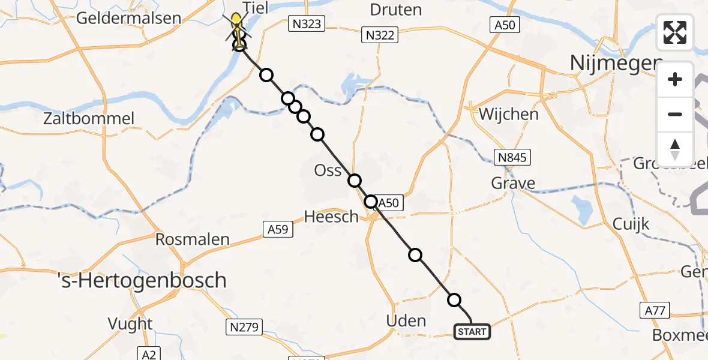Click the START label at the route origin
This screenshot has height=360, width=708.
coord(472,332)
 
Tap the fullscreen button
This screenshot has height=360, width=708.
coord(675,32)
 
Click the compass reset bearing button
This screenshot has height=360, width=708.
coord(675,149)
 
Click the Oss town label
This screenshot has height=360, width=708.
coord(328,171)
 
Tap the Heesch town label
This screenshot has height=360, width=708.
coord(331,217)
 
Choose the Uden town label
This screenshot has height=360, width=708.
coord(406,321)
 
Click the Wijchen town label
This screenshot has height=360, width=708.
coord(508,114)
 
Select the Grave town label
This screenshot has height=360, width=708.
coord(513,183)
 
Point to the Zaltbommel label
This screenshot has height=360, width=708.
coord(89,118)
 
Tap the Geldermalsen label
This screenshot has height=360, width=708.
coord(128,18)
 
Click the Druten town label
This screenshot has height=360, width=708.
coord(395,10)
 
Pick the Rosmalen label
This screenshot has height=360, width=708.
coord(192,239)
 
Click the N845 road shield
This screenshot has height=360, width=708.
coord(512,158)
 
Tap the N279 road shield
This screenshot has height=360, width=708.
coord(243,327)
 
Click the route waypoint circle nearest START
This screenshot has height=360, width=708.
coord(454,300)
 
